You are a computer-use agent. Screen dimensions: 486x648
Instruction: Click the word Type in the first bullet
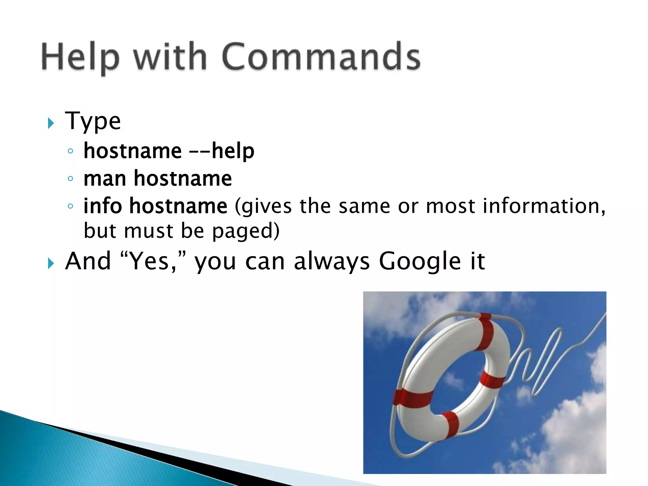[93, 121]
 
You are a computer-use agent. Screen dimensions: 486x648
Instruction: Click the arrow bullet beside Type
[51, 123]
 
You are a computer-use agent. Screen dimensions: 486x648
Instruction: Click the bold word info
[103, 206]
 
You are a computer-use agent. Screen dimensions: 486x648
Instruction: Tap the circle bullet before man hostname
[70, 179]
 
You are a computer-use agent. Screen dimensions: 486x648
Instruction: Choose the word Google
[420, 261]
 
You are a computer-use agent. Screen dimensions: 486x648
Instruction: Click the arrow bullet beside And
[51, 263]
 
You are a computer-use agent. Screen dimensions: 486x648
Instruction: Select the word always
[332, 261]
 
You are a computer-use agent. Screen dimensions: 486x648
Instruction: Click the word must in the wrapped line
[148, 231]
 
